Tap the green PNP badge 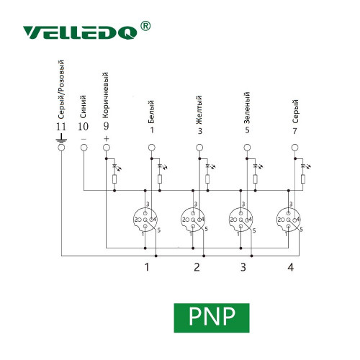(212, 318)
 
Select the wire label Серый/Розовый (61, 89)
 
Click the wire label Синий (83, 107)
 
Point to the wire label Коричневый (105, 95)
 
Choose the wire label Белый (151, 112)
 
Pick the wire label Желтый (199, 110)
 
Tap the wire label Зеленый (247, 108)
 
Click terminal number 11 (61, 127)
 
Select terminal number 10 (83, 127)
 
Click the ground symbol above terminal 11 (61, 139)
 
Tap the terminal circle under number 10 (84, 148)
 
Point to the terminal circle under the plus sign (107, 148)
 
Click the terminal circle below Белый (151, 148)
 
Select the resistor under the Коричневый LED (114, 179)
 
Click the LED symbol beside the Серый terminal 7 (304, 166)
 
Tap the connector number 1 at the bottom (147, 267)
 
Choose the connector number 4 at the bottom (291, 267)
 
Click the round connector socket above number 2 (193, 220)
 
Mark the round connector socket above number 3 (240, 220)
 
